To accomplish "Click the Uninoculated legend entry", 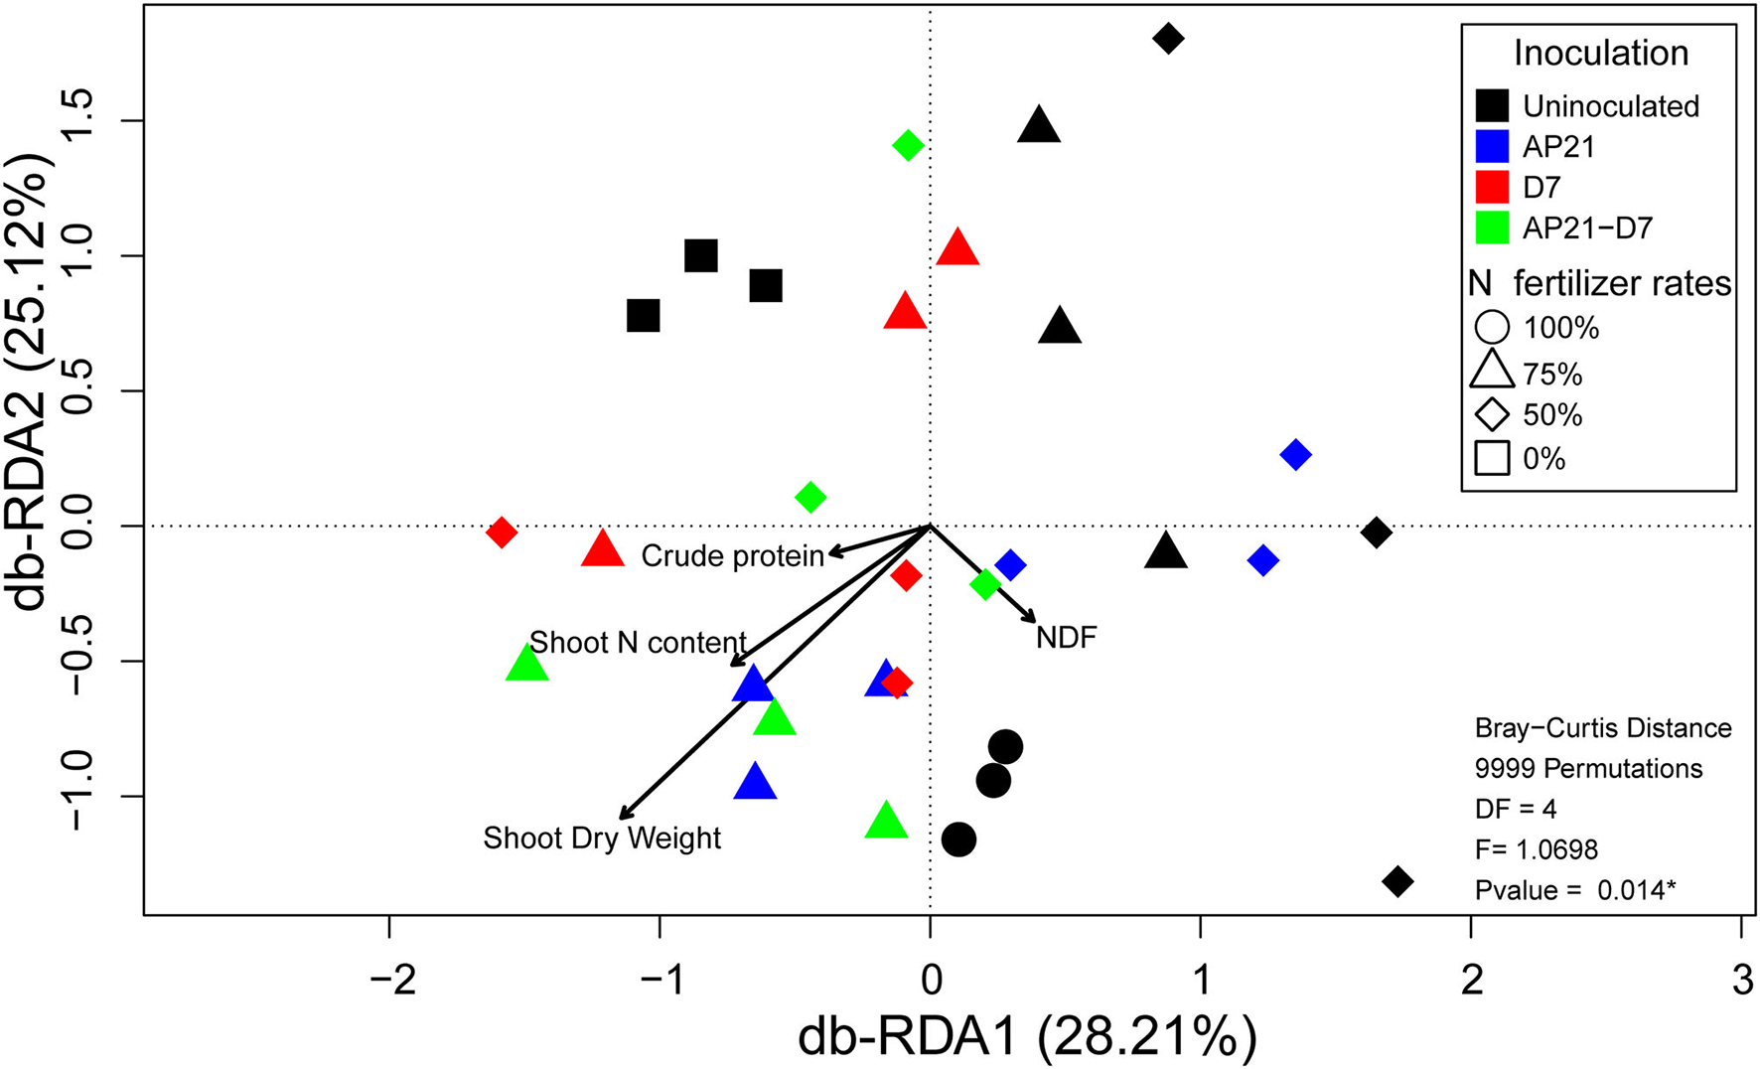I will (x=1610, y=106).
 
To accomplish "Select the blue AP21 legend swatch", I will (x=1492, y=147).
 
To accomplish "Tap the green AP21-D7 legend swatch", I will (x=1492, y=228).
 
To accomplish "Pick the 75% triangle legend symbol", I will (x=1492, y=373).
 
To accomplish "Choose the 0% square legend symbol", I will (x=1492, y=458).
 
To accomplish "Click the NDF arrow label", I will (x=1066, y=638).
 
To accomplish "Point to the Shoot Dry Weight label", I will (x=602, y=839).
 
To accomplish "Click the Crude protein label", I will (x=732, y=556).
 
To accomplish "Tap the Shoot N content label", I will (x=638, y=643).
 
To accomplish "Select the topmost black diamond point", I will (x=1168, y=39).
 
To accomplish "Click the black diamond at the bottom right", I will (x=1397, y=881).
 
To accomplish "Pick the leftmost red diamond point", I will (x=502, y=533).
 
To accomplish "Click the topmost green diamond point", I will (x=907, y=146).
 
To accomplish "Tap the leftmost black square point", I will (x=644, y=316).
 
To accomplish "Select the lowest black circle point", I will (x=958, y=840).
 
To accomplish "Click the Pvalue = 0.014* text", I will (x=1575, y=891).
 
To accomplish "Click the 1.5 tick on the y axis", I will (x=80, y=121).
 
